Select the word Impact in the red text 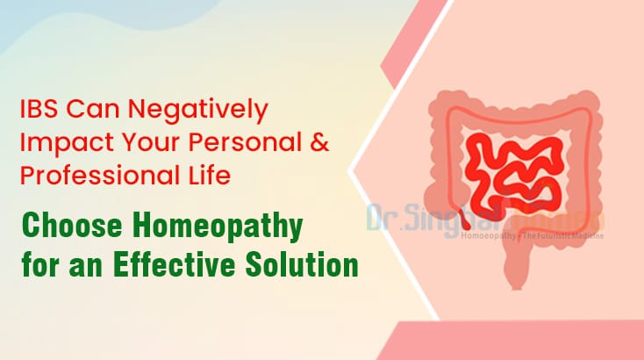(x=56, y=143)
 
